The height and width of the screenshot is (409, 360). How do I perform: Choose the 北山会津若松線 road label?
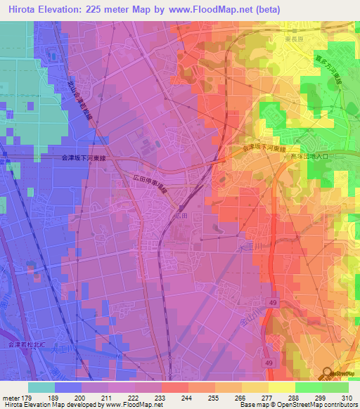pyautogui.click(x=79, y=98)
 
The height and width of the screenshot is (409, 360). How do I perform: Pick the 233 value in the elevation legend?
pyautogui.click(x=160, y=397)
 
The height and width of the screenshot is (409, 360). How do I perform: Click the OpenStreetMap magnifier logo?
pyautogui.click(x=328, y=372)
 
